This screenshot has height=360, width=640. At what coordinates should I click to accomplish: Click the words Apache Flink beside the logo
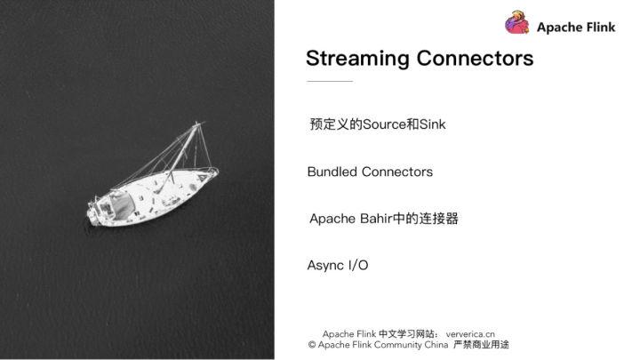click(575, 28)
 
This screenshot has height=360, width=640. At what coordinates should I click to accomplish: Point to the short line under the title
click(329, 82)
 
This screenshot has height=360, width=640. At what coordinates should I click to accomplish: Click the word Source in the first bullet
click(383, 124)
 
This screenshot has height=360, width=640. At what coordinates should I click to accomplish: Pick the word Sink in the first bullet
click(432, 124)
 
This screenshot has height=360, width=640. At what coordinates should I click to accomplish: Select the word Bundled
click(332, 172)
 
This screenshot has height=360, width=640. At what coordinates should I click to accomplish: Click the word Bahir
click(379, 219)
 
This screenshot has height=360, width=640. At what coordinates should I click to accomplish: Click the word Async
click(325, 265)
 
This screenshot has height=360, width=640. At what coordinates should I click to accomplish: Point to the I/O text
click(358, 265)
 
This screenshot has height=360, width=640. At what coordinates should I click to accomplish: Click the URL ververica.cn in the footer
click(470, 333)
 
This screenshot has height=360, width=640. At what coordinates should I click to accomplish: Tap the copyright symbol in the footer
click(312, 344)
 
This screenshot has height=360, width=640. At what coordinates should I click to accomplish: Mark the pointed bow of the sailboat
click(214, 172)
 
